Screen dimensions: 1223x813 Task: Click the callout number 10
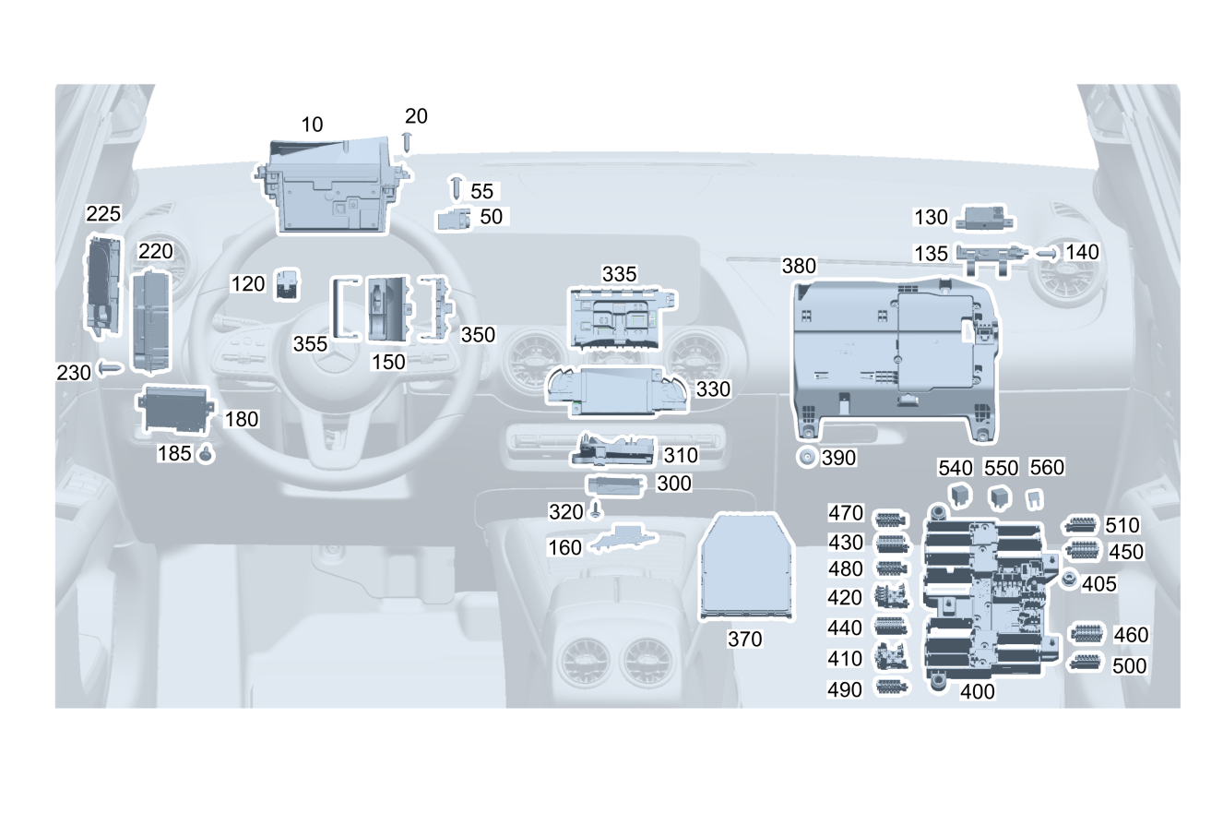point(313,125)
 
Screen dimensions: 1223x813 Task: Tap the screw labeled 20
point(409,142)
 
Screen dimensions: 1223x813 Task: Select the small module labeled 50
point(452,219)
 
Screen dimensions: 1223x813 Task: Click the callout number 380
point(799,266)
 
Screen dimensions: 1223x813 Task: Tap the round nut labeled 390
point(807,457)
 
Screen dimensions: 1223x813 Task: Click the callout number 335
point(620,273)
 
